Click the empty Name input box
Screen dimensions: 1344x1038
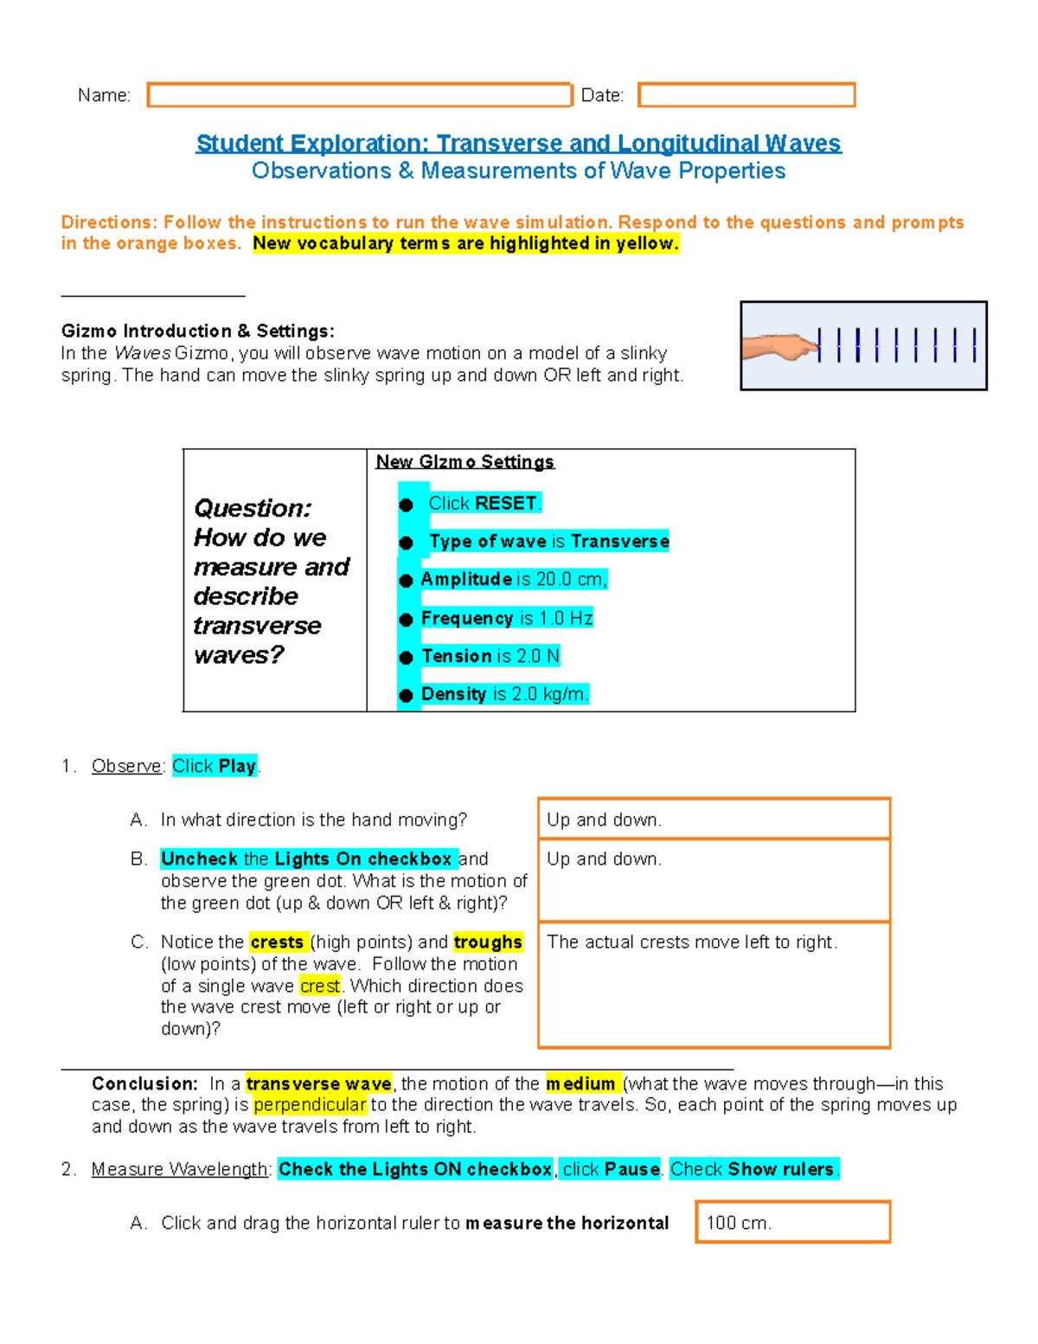click(359, 95)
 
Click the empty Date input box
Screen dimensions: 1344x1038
click(746, 95)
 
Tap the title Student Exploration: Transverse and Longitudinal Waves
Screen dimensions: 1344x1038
click(518, 144)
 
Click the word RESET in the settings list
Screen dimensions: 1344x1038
click(506, 504)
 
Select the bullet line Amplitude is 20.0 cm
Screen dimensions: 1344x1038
click(514, 580)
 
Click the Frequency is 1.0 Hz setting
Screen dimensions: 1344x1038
click(506, 618)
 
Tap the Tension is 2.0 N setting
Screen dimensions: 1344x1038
click(490, 656)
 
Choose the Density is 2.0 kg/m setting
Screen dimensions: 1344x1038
click(504, 694)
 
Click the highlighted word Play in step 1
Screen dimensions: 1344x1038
click(237, 766)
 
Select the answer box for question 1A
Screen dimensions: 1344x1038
click(714, 819)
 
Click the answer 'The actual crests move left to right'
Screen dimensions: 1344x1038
click(692, 942)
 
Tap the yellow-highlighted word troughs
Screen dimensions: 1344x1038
click(488, 942)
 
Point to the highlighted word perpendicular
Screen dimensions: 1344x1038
click(310, 1105)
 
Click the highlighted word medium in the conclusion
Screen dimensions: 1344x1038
click(580, 1084)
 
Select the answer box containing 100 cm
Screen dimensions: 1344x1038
click(792, 1222)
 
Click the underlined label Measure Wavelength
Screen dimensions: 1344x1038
click(180, 1169)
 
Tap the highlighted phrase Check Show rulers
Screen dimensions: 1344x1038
click(753, 1169)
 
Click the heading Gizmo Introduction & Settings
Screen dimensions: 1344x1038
click(197, 331)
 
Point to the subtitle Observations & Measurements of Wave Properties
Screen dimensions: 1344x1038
click(518, 171)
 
